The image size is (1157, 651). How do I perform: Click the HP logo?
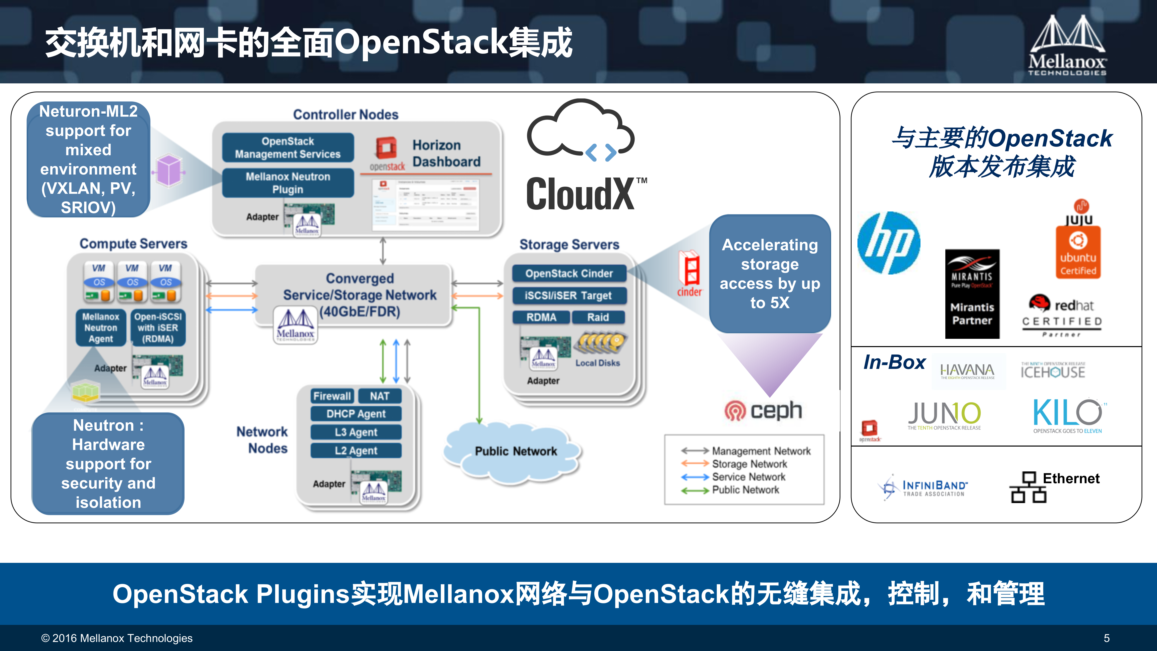(x=888, y=243)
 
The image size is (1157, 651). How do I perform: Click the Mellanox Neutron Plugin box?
(x=288, y=183)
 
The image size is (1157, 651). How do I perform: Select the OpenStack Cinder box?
(x=569, y=273)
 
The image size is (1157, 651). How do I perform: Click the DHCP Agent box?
(x=356, y=414)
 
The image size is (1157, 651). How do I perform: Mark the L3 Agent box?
(x=356, y=432)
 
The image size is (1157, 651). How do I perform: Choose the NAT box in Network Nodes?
(x=380, y=396)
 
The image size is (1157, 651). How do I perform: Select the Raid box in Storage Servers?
(x=598, y=317)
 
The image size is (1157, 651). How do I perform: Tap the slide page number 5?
(x=1106, y=638)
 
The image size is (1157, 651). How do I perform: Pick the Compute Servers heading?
(x=133, y=244)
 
